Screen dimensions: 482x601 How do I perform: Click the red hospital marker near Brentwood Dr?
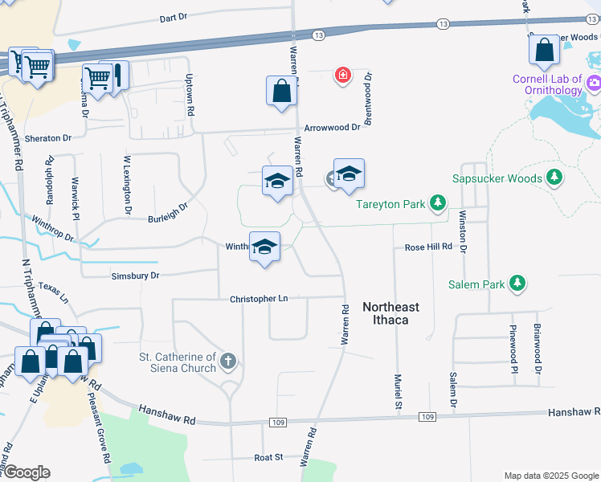click(x=343, y=76)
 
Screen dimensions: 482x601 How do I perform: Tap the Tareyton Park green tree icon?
click(x=438, y=204)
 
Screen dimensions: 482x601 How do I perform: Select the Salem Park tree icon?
click(x=519, y=284)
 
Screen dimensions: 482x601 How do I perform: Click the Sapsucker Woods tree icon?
click(x=554, y=178)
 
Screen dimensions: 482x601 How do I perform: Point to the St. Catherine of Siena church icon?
click(x=228, y=361)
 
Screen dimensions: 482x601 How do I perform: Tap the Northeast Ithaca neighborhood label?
click(x=390, y=313)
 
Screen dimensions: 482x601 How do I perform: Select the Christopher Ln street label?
click(x=259, y=299)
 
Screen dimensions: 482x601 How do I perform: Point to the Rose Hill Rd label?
click(x=428, y=247)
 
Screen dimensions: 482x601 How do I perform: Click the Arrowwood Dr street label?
click(x=332, y=128)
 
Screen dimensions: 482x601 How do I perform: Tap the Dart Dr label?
click(x=173, y=18)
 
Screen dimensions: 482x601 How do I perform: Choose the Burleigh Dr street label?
click(x=167, y=212)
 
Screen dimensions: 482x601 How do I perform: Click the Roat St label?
click(x=268, y=457)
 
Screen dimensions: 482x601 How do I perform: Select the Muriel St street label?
click(x=398, y=392)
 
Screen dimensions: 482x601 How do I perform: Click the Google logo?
click(x=26, y=472)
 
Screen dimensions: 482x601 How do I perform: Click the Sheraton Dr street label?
click(x=54, y=138)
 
